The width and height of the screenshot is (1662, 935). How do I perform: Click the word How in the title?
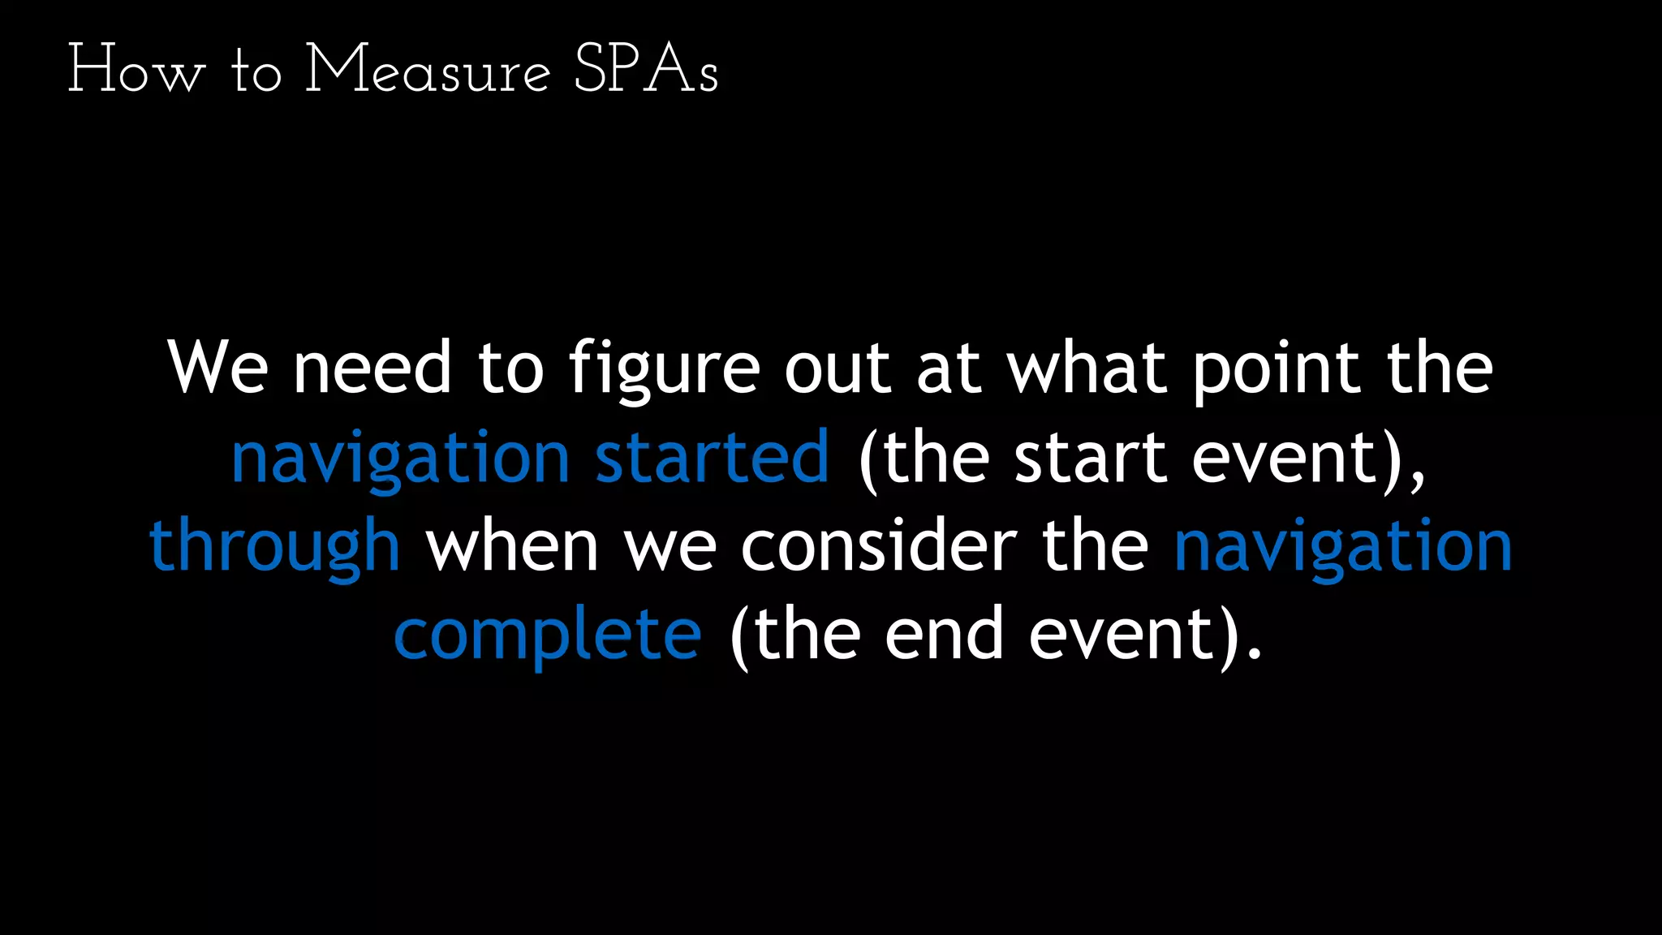[136, 70]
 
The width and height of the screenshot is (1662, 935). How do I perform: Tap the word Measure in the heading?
[428, 70]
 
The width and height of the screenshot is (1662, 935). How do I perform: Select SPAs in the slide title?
[646, 70]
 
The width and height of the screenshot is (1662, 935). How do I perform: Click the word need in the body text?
[372, 368]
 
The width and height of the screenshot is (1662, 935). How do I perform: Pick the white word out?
[837, 368]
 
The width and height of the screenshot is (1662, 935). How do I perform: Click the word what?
[1087, 368]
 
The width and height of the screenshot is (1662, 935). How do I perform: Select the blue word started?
[712, 457]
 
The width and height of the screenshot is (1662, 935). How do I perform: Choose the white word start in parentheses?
[1091, 457]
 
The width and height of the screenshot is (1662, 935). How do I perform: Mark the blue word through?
[274, 546]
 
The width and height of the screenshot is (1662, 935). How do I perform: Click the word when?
[512, 545]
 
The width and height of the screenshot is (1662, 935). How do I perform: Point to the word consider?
[878, 545]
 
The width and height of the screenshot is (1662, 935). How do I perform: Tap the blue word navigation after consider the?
[1343, 546]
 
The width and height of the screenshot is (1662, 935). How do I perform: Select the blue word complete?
[548, 636]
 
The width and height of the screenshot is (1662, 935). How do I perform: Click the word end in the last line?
[944, 634]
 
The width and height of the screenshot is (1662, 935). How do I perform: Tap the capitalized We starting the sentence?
[217, 368]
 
